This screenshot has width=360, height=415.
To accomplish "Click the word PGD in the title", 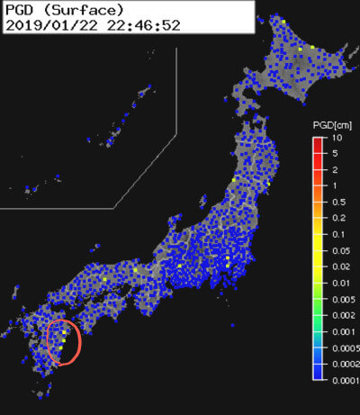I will coord(21,10).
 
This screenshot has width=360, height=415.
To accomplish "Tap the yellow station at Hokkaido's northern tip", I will coord(283,22).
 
